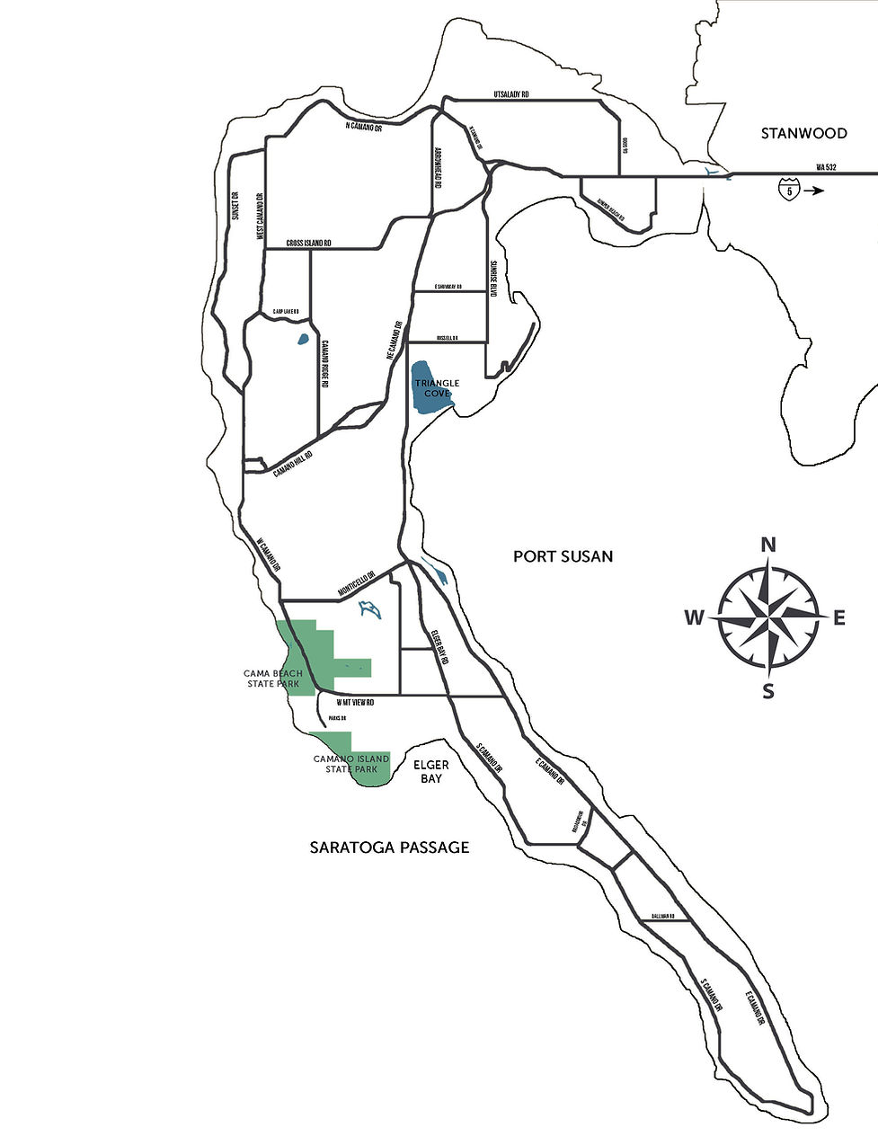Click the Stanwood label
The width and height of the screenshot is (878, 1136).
803,133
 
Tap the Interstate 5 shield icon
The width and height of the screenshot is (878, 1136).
789,191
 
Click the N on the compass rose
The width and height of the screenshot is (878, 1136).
768,545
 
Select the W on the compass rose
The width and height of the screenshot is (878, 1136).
694,617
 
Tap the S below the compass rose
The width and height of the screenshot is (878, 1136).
768,691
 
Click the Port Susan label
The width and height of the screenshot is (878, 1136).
563,556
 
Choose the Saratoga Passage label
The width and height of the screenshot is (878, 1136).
389,847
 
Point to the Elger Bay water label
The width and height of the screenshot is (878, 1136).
431,771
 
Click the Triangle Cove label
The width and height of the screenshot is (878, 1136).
437,388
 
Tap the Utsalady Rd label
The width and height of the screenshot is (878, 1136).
511,94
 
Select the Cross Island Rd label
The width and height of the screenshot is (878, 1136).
309,244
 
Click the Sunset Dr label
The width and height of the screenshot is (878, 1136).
235,206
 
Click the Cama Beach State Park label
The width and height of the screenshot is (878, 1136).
272,679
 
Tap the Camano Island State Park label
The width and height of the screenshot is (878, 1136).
351,763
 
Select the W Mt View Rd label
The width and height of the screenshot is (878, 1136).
354,702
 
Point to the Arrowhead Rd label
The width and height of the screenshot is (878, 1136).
438,168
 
